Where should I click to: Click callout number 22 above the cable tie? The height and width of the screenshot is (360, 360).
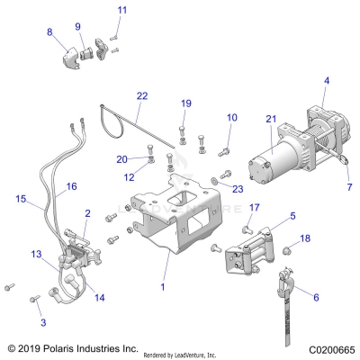[141, 94]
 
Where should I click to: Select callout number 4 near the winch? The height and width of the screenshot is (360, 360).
[326, 81]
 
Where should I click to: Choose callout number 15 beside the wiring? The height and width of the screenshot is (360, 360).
[21, 197]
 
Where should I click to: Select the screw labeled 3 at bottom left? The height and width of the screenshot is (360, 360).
[38, 322]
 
